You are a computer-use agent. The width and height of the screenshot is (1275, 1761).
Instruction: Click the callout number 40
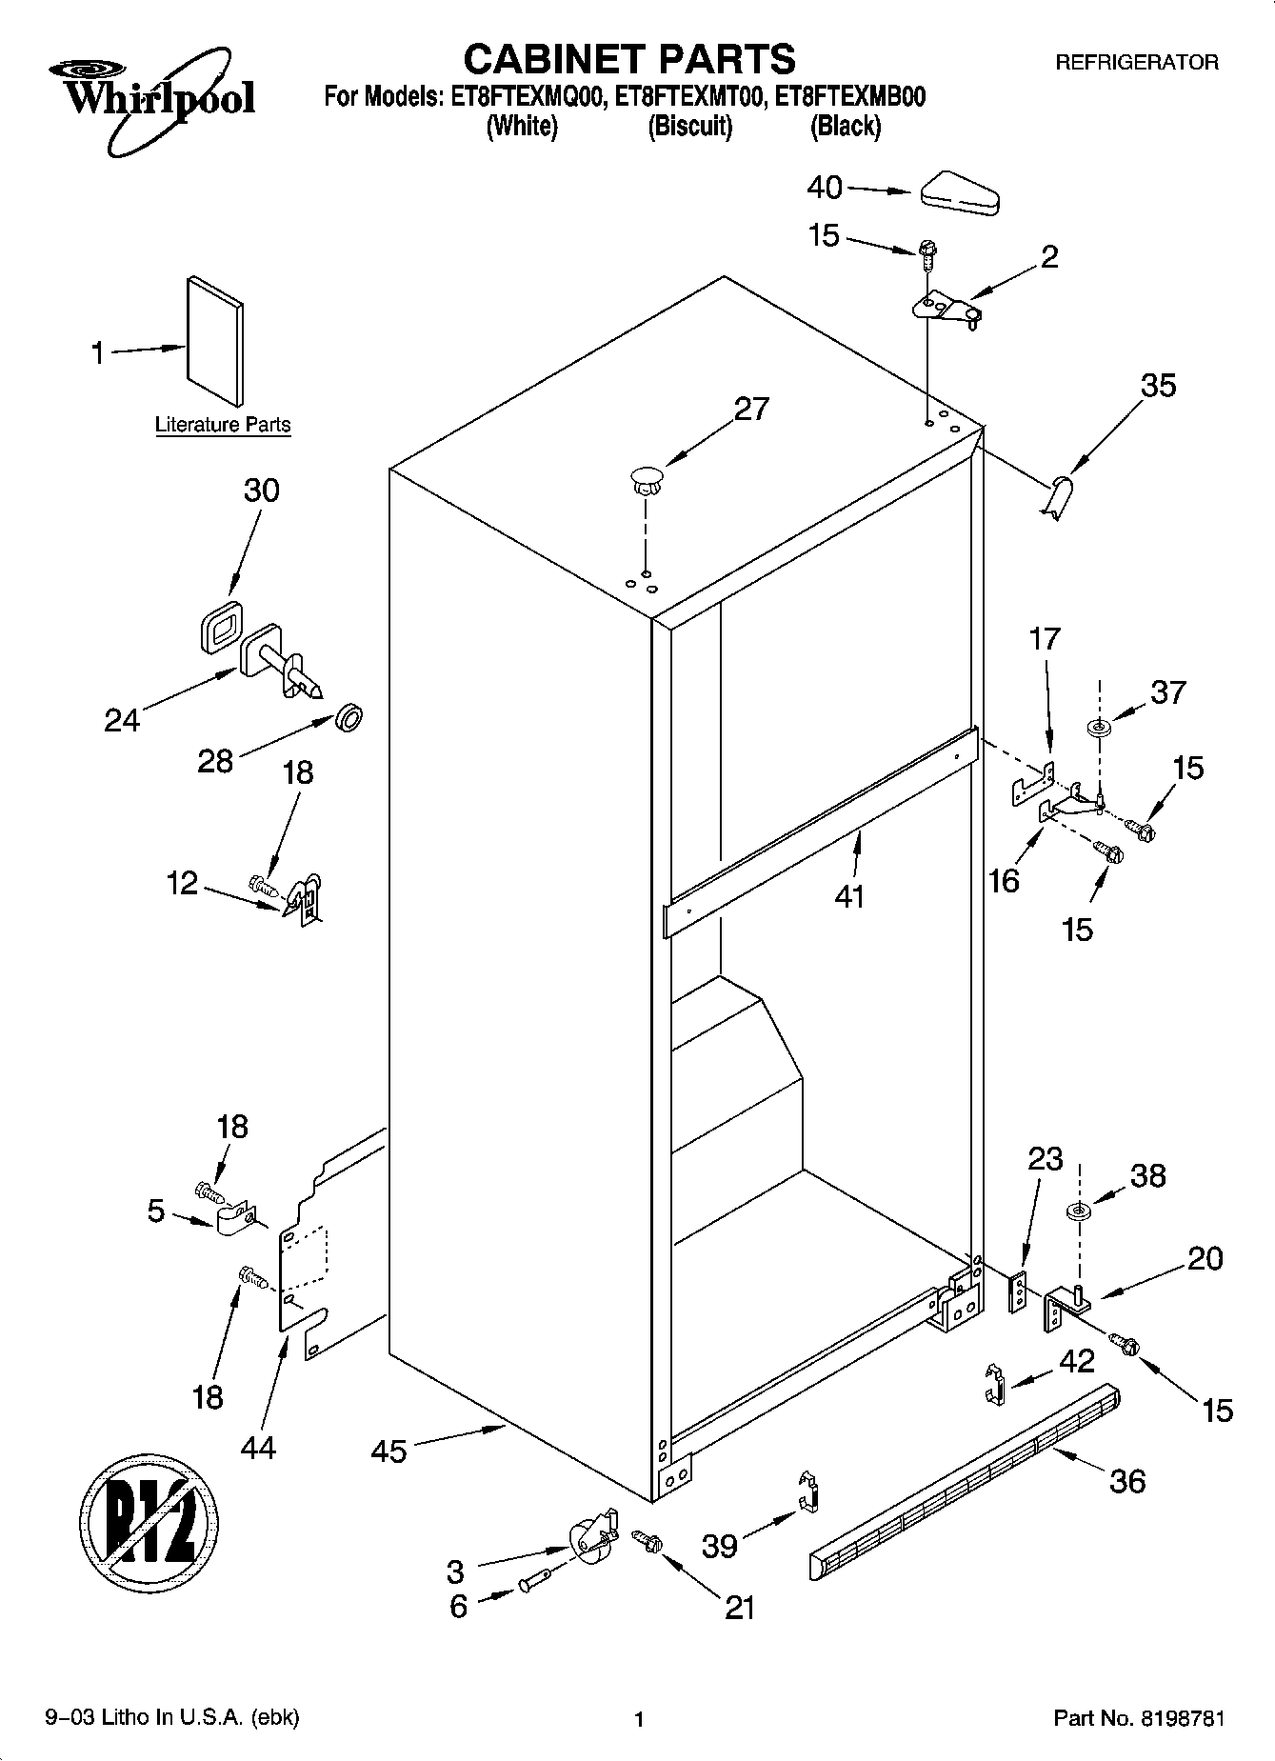[x=825, y=188]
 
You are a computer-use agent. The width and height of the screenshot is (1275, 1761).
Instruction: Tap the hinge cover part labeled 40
[x=958, y=191]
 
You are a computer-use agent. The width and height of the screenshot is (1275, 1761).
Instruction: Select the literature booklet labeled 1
[x=214, y=340]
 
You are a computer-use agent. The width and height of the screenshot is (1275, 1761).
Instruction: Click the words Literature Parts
[x=223, y=425]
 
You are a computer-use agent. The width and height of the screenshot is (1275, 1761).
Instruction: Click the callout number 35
[x=1158, y=386]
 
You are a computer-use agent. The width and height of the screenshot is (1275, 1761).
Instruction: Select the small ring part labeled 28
[x=349, y=718]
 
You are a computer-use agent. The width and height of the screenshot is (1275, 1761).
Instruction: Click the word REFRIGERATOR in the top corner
[x=1136, y=63]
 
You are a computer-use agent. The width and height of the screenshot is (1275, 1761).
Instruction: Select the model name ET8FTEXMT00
[x=689, y=97]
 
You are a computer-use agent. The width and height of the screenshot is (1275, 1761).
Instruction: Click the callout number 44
[x=258, y=1448]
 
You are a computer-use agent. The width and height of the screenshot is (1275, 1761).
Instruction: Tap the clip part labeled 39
[x=808, y=1492]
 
